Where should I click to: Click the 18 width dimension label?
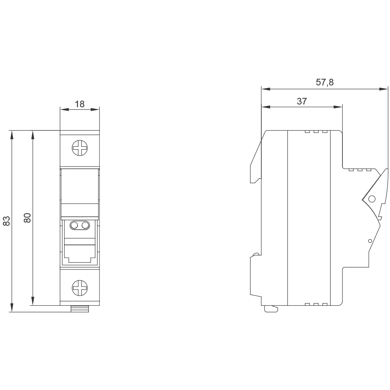80,104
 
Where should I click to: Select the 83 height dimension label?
7,221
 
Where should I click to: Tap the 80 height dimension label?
27,218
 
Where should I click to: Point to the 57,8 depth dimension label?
324,82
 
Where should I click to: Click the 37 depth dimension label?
302,101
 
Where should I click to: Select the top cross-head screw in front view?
80,148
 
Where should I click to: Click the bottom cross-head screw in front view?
80,288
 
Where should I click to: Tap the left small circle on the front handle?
74,225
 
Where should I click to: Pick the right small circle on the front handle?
85,225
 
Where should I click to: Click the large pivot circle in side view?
372,199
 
